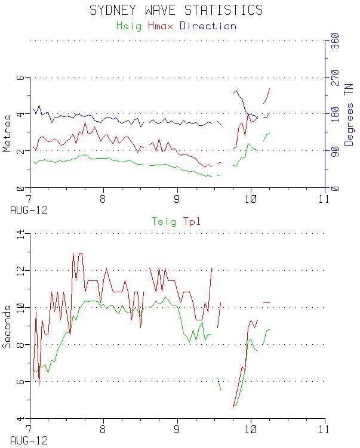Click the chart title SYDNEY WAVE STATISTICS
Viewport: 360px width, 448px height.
tap(176, 10)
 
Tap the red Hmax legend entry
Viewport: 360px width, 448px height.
tap(161, 26)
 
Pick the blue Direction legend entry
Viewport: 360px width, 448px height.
tap(208, 26)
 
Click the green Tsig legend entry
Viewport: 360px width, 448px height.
tap(164, 223)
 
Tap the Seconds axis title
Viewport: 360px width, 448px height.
tap(7, 327)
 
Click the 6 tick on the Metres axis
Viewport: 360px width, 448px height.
tap(20, 78)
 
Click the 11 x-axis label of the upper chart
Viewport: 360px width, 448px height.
tap(324, 198)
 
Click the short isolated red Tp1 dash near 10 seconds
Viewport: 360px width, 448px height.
tap(267, 303)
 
